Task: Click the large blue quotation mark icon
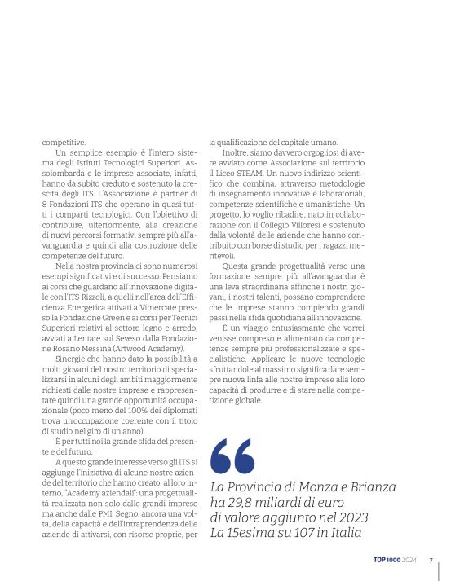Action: pyautogui.click(x=232, y=455)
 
